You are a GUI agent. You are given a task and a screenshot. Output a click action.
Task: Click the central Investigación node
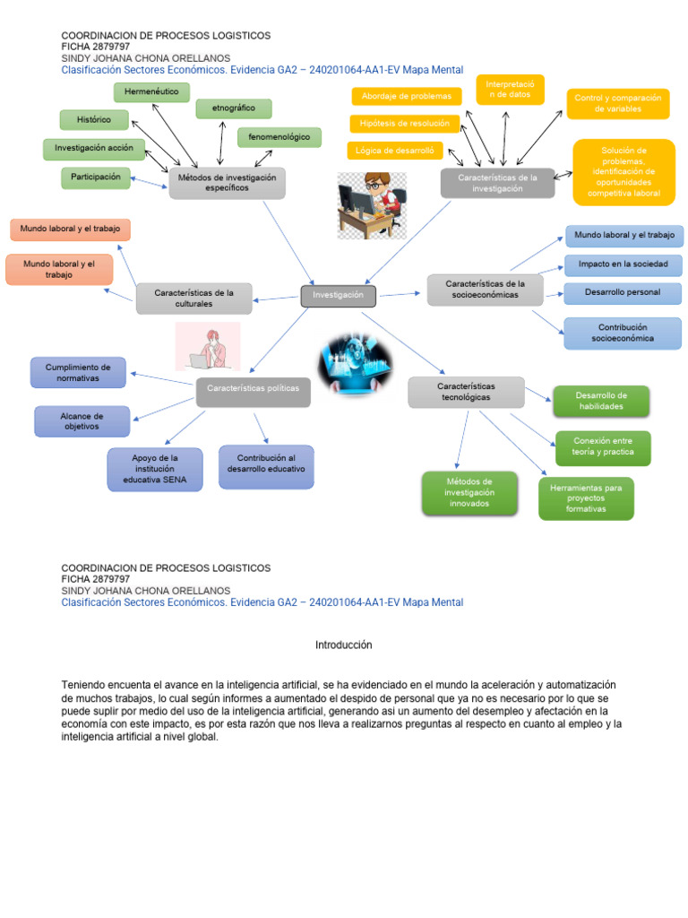[338, 295]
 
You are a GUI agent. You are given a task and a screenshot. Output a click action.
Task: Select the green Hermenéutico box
[151, 91]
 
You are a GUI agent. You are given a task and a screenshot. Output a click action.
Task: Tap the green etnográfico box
[234, 108]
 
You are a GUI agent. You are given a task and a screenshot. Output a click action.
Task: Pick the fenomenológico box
[279, 137]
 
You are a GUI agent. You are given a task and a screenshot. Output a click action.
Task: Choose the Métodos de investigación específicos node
[227, 183]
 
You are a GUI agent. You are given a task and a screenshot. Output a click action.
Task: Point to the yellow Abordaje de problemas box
[407, 96]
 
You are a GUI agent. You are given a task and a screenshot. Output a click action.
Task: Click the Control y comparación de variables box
[617, 103]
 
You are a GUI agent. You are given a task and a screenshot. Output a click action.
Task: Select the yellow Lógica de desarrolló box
[395, 151]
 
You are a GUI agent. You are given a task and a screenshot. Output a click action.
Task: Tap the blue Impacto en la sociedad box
[623, 264]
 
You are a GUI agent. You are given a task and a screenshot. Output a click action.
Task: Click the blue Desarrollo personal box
[623, 293]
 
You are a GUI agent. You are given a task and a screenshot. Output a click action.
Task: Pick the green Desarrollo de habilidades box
[601, 401]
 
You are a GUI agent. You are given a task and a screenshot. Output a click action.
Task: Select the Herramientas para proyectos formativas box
[586, 498]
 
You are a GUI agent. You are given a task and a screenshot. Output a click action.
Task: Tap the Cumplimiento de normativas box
[78, 372]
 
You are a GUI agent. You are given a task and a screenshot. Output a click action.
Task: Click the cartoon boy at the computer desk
[371, 204]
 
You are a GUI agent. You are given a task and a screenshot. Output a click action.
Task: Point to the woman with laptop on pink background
[208, 346]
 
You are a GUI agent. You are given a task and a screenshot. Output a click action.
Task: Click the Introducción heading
[343, 645]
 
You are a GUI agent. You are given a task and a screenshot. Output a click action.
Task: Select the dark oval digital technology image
[355, 362]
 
